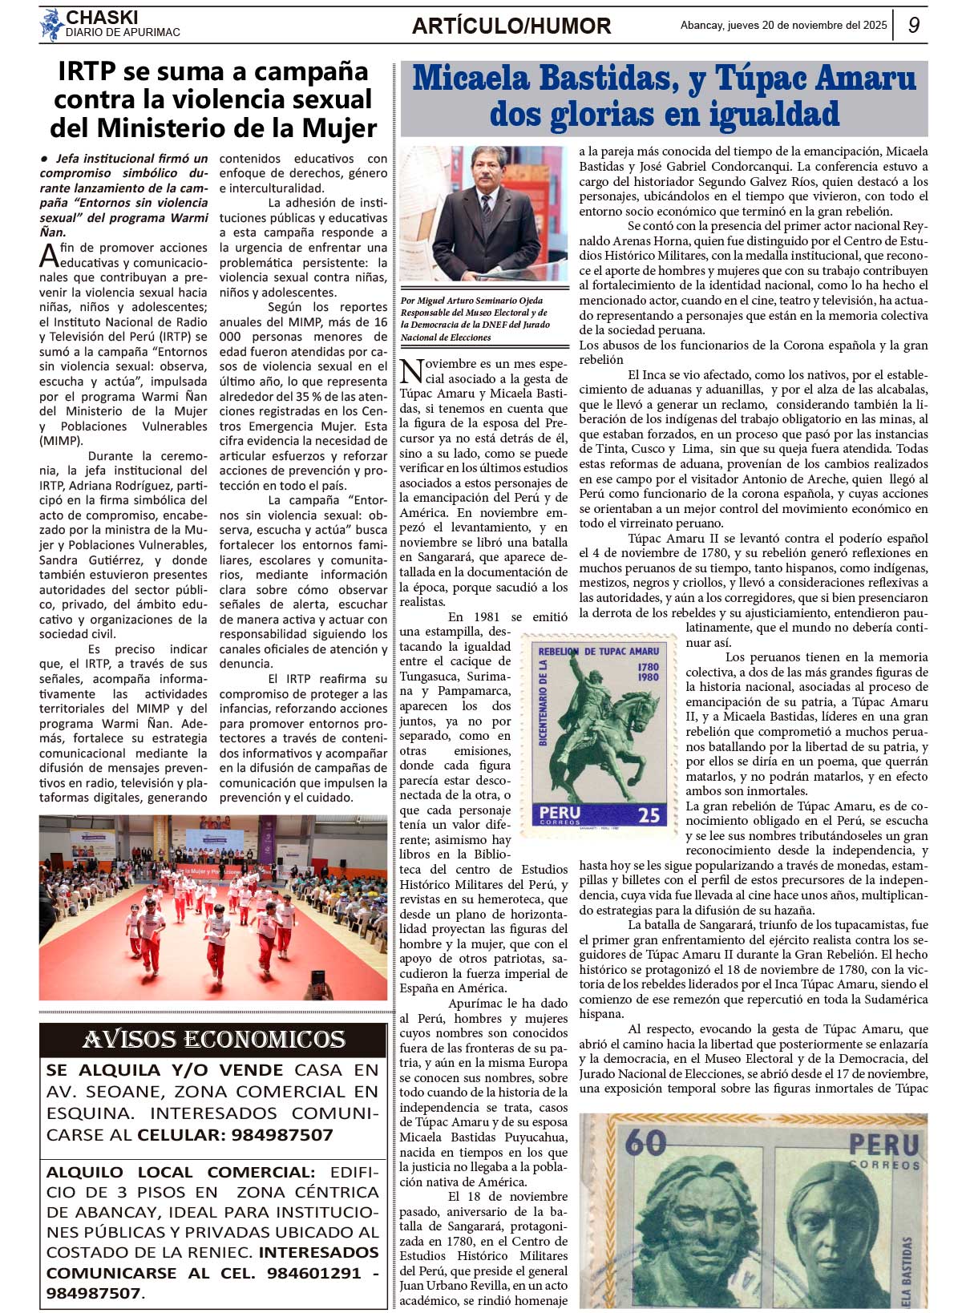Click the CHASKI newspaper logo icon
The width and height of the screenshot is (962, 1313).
(51, 24)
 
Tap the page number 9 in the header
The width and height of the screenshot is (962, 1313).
(914, 25)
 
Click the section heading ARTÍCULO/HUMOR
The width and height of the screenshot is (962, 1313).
(511, 26)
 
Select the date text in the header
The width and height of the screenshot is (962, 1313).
(783, 25)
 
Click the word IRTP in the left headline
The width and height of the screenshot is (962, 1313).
(87, 72)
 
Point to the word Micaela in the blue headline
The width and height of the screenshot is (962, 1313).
(471, 79)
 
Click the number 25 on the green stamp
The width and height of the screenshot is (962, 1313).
(649, 815)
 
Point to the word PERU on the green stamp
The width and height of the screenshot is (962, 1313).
(560, 813)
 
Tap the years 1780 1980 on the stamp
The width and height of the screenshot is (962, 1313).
(648, 672)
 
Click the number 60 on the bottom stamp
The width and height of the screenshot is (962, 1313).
(645, 1142)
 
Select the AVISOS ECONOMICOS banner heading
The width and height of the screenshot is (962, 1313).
(213, 1040)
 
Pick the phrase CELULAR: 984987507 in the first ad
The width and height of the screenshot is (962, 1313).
(235, 1135)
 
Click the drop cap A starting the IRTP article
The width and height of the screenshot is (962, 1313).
(48, 257)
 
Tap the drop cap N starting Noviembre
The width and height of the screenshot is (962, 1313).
(411, 372)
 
